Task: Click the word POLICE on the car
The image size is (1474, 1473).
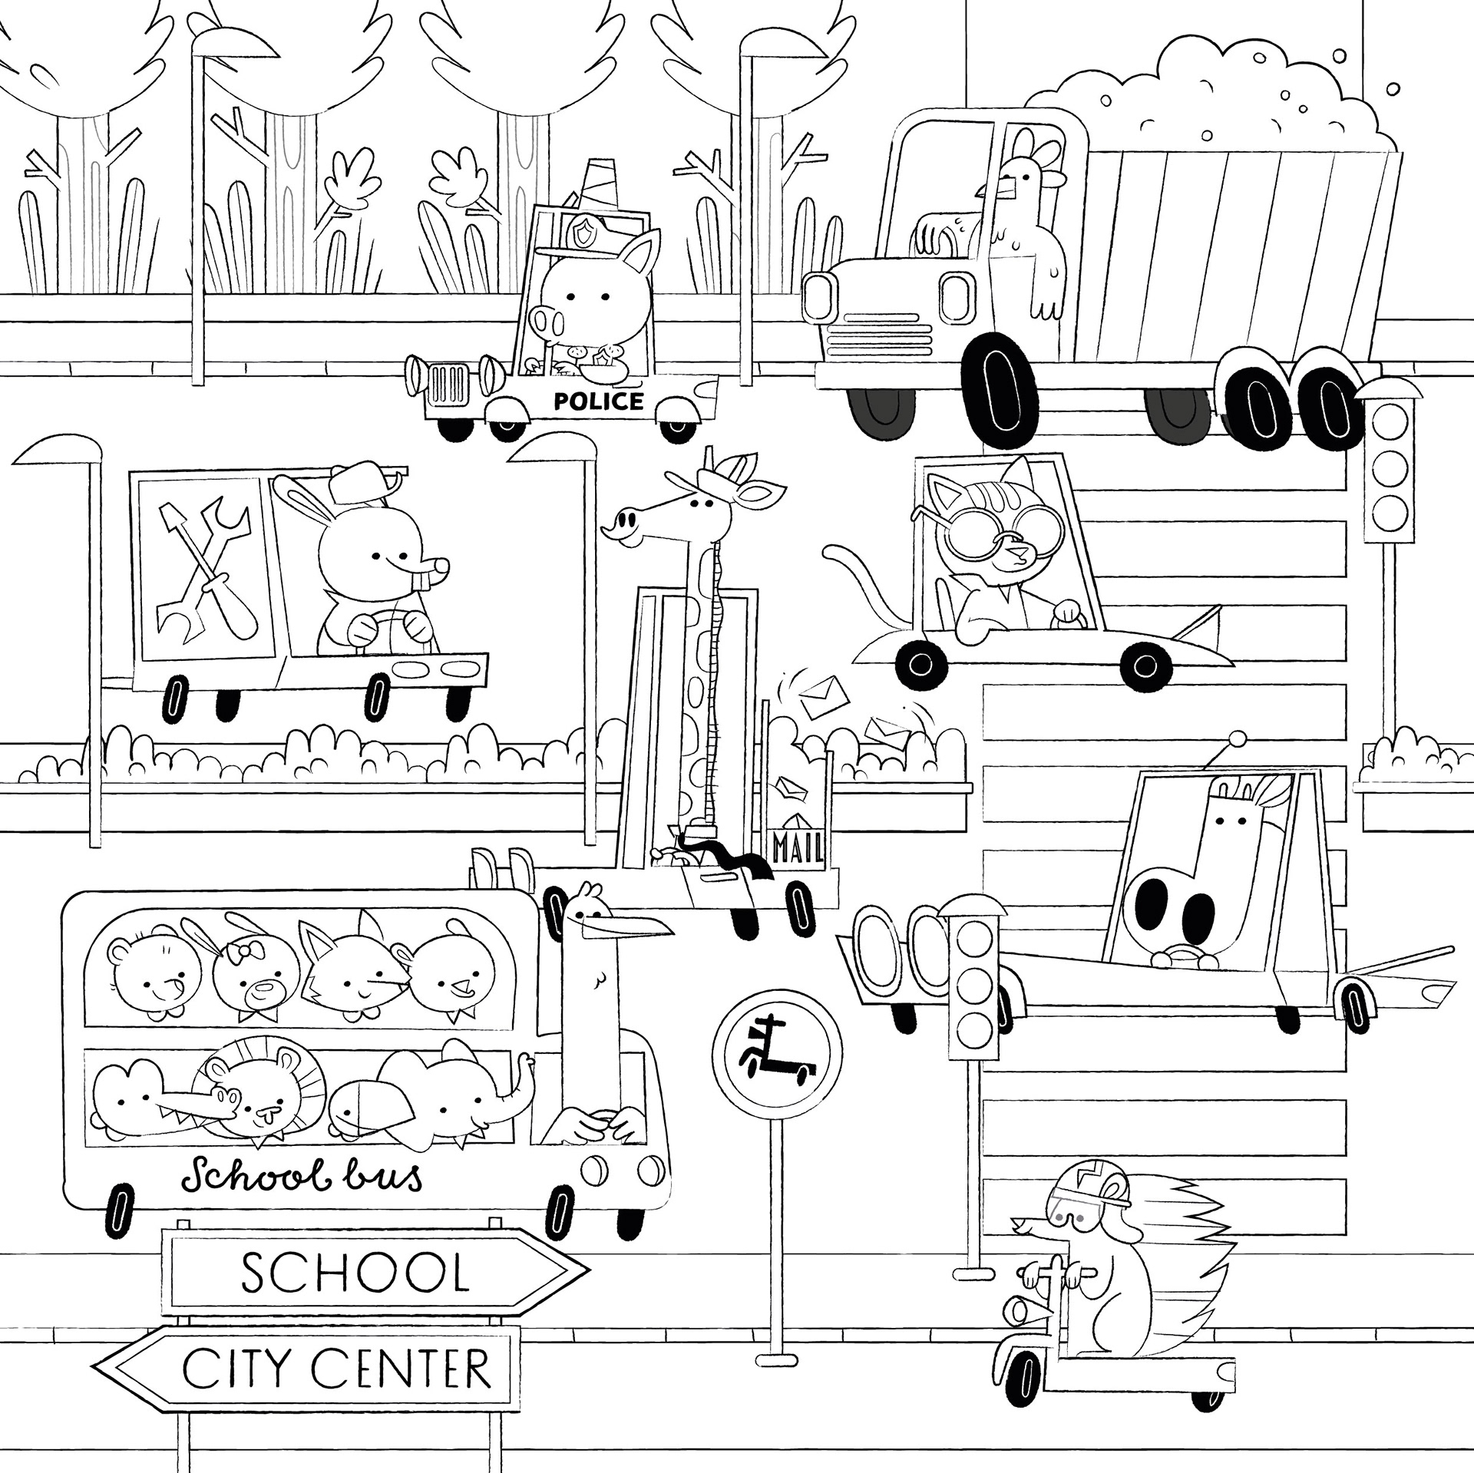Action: [598, 401]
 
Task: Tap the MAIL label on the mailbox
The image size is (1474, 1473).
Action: [798, 848]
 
